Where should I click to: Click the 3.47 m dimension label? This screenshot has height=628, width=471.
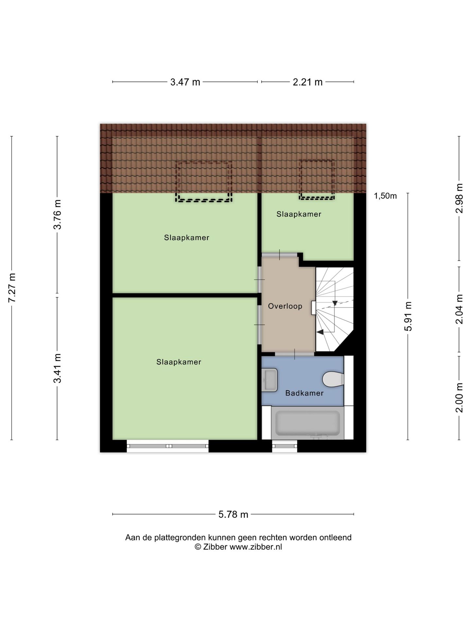pyautogui.click(x=185, y=82)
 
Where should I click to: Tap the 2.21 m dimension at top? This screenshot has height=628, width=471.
pyautogui.click(x=307, y=82)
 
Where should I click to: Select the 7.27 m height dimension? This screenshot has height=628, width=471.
pyautogui.click(x=12, y=288)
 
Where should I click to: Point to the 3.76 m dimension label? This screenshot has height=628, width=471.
pyautogui.click(x=58, y=215)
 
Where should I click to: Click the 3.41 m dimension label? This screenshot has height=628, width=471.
pyautogui.click(x=58, y=368)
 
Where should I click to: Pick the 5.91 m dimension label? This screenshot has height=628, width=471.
pyautogui.click(x=408, y=316)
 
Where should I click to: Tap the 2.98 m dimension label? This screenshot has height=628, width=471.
pyautogui.click(x=459, y=198)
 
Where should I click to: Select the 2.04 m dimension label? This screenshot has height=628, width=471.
pyautogui.click(x=459, y=309)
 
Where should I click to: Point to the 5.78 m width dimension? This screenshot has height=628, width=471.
pyautogui.click(x=233, y=515)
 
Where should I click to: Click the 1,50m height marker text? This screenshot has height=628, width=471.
pyautogui.click(x=385, y=196)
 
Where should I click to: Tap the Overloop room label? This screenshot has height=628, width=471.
pyautogui.click(x=285, y=306)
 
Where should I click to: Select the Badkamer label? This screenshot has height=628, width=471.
pyautogui.click(x=304, y=393)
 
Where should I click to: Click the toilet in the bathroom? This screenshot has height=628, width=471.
pyautogui.click(x=333, y=379)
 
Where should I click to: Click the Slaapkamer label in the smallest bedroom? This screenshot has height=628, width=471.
pyautogui.click(x=299, y=214)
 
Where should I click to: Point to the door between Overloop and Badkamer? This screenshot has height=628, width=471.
pyautogui.click(x=294, y=354)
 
